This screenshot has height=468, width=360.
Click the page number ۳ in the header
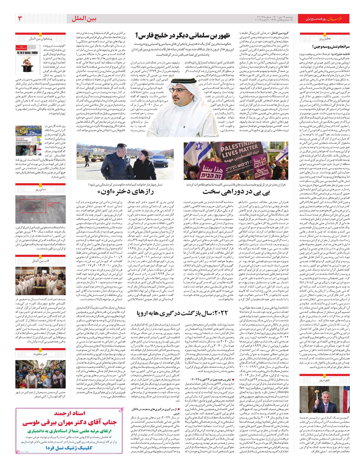(x=20, y=18)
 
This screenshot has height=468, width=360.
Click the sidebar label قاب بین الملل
(x=41, y=261)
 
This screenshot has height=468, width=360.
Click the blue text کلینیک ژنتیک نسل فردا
(x=69, y=448)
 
